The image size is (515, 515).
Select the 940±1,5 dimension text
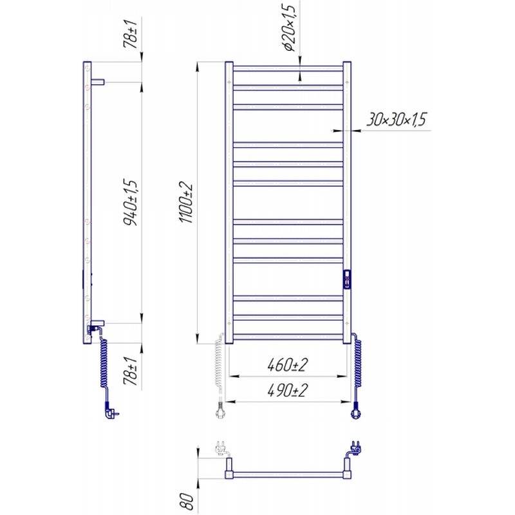click(130, 202)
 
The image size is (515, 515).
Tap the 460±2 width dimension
click(288, 365)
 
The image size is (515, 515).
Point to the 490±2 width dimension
click(288, 391)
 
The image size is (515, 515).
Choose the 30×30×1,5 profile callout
click(397, 120)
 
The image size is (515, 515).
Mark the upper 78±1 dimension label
click(130, 33)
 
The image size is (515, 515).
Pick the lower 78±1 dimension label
click(130, 371)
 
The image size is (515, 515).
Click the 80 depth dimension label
click(187, 500)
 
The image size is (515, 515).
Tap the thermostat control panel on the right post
click(347, 279)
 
